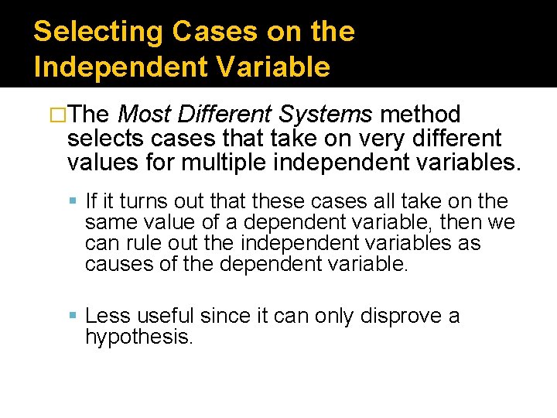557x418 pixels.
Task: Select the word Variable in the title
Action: pyautogui.click(x=278, y=67)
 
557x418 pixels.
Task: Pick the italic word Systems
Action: pyautogui.click(x=326, y=115)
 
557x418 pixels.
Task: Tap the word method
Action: pyautogui.click(x=422, y=115)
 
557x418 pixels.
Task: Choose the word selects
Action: pyautogui.click(x=104, y=139)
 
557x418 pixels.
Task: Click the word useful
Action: pyautogui.click(x=165, y=317)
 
